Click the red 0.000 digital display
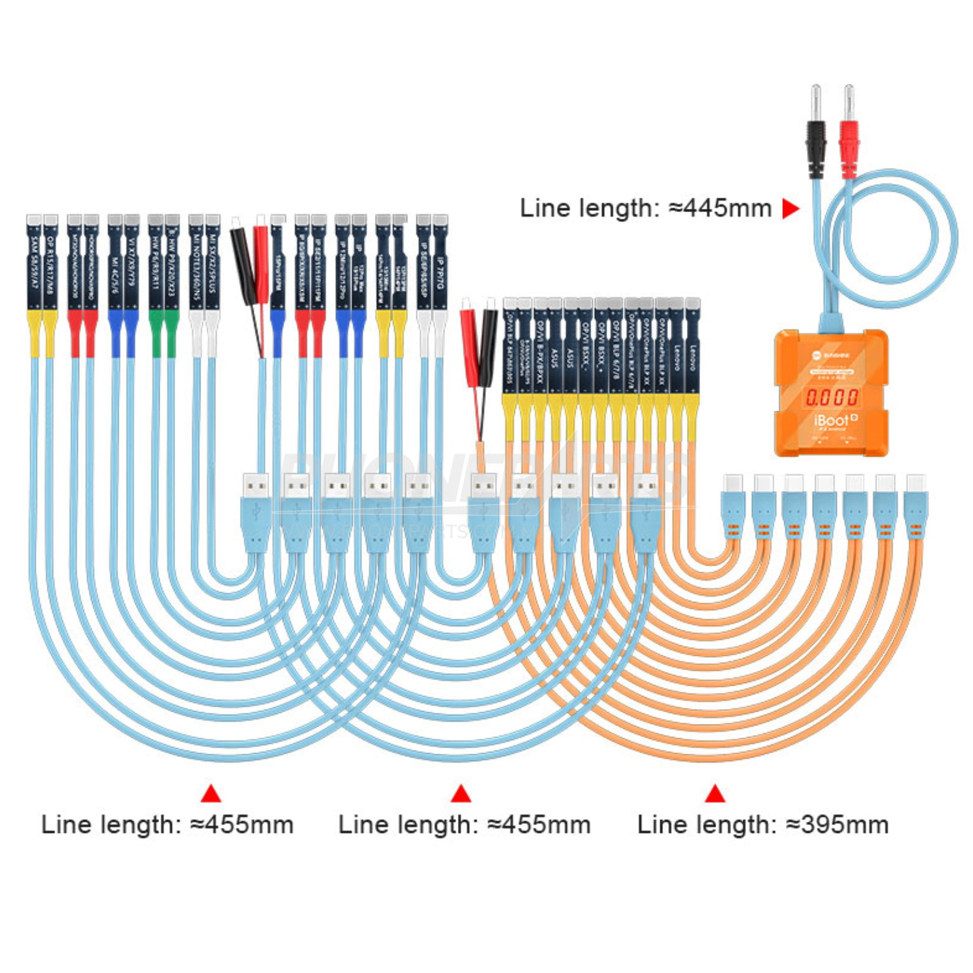[x=832, y=396]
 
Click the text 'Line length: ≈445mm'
[x=645, y=208]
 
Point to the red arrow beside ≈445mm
[x=790, y=208]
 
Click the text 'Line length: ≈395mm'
[x=763, y=824]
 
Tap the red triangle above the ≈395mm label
[x=715, y=794]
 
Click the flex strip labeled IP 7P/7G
[x=440, y=266]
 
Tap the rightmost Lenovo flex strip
[x=692, y=350]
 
